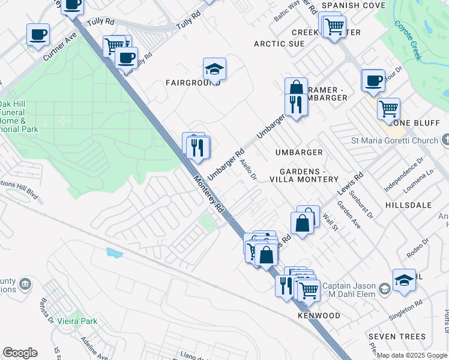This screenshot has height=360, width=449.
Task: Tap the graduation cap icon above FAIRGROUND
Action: click(x=214, y=69)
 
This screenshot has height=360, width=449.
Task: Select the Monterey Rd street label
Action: click(x=208, y=194)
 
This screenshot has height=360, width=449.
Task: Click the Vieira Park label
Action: click(x=77, y=321)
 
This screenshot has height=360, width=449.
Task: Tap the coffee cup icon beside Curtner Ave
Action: click(x=38, y=34)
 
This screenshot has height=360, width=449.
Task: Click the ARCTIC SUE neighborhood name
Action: click(x=279, y=44)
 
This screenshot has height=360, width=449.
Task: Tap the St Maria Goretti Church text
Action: click(x=394, y=141)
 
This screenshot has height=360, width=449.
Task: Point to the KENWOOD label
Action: click(x=319, y=316)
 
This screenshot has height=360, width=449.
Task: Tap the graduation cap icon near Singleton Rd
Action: click(x=404, y=280)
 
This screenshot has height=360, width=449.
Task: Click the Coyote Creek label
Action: click(x=408, y=40)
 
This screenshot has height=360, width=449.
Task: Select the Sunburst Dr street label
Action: click(x=362, y=205)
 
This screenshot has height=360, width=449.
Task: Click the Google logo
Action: click(x=20, y=353)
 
